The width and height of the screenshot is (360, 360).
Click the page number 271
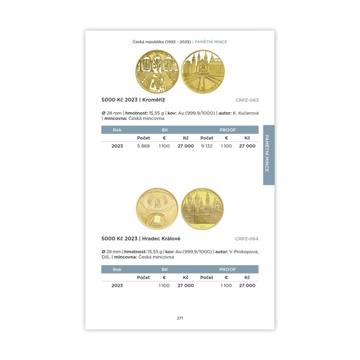click(180, 317)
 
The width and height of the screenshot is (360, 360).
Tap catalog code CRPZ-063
click(247, 100)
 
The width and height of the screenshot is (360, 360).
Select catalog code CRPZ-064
click(247, 239)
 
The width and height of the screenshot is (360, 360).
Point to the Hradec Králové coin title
click(141, 238)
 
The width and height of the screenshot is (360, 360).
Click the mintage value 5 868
click(143, 146)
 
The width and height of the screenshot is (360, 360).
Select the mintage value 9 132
click(206, 146)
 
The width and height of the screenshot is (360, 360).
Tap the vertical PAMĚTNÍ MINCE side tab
click(268, 155)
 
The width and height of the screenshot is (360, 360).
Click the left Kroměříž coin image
click(157, 71)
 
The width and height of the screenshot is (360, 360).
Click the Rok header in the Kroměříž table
click(117, 130)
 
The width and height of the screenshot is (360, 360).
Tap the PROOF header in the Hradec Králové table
click(227, 269)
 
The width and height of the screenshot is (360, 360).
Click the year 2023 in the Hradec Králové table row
click(117, 286)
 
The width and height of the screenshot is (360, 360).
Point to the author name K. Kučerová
click(244, 113)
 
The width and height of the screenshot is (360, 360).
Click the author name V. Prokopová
click(244, 251)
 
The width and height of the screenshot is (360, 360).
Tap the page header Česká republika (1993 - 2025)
click(161, 42)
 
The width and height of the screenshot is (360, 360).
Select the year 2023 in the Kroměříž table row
click(117, 146)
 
